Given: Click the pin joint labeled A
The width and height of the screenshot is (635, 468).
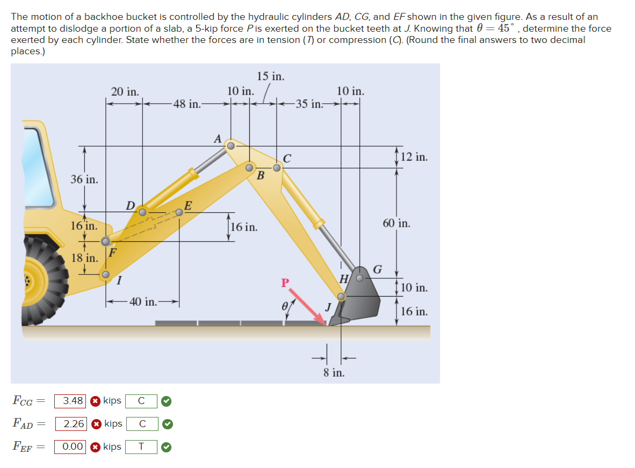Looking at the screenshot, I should click(x=230, y=146).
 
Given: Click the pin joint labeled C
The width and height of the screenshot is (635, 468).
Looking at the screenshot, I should click(x=277, y=168).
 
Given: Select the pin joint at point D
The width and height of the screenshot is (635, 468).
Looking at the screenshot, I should click(x=142, y=212).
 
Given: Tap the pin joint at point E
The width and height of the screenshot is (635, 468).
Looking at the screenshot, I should click(x=179, y=212).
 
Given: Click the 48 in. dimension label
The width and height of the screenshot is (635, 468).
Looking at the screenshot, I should click(x=186, y=104).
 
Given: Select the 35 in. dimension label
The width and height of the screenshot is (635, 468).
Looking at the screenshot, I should click(x=308, y=104).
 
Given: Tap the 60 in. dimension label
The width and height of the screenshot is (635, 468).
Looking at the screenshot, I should click(x=396, y=223).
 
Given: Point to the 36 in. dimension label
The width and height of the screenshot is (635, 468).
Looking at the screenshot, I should click(x=84, y=179).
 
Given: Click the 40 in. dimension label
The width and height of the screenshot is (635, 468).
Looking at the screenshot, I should click(x=143, y=302).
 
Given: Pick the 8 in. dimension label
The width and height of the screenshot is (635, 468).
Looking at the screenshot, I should click(x=334, y=372).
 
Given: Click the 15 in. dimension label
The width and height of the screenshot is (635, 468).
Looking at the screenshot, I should click(x=270, y=76).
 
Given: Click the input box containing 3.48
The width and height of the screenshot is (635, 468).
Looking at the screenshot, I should click(x=70, y=401).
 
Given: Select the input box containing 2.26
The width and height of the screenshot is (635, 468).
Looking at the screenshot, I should click(x=70, y=424).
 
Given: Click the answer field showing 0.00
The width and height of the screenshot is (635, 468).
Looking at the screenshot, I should click(x=70, y=447).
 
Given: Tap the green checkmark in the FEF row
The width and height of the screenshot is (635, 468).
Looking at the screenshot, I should click(x=167, y=447).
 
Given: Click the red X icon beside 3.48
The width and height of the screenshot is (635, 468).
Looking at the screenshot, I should click(x=95, y=401).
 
